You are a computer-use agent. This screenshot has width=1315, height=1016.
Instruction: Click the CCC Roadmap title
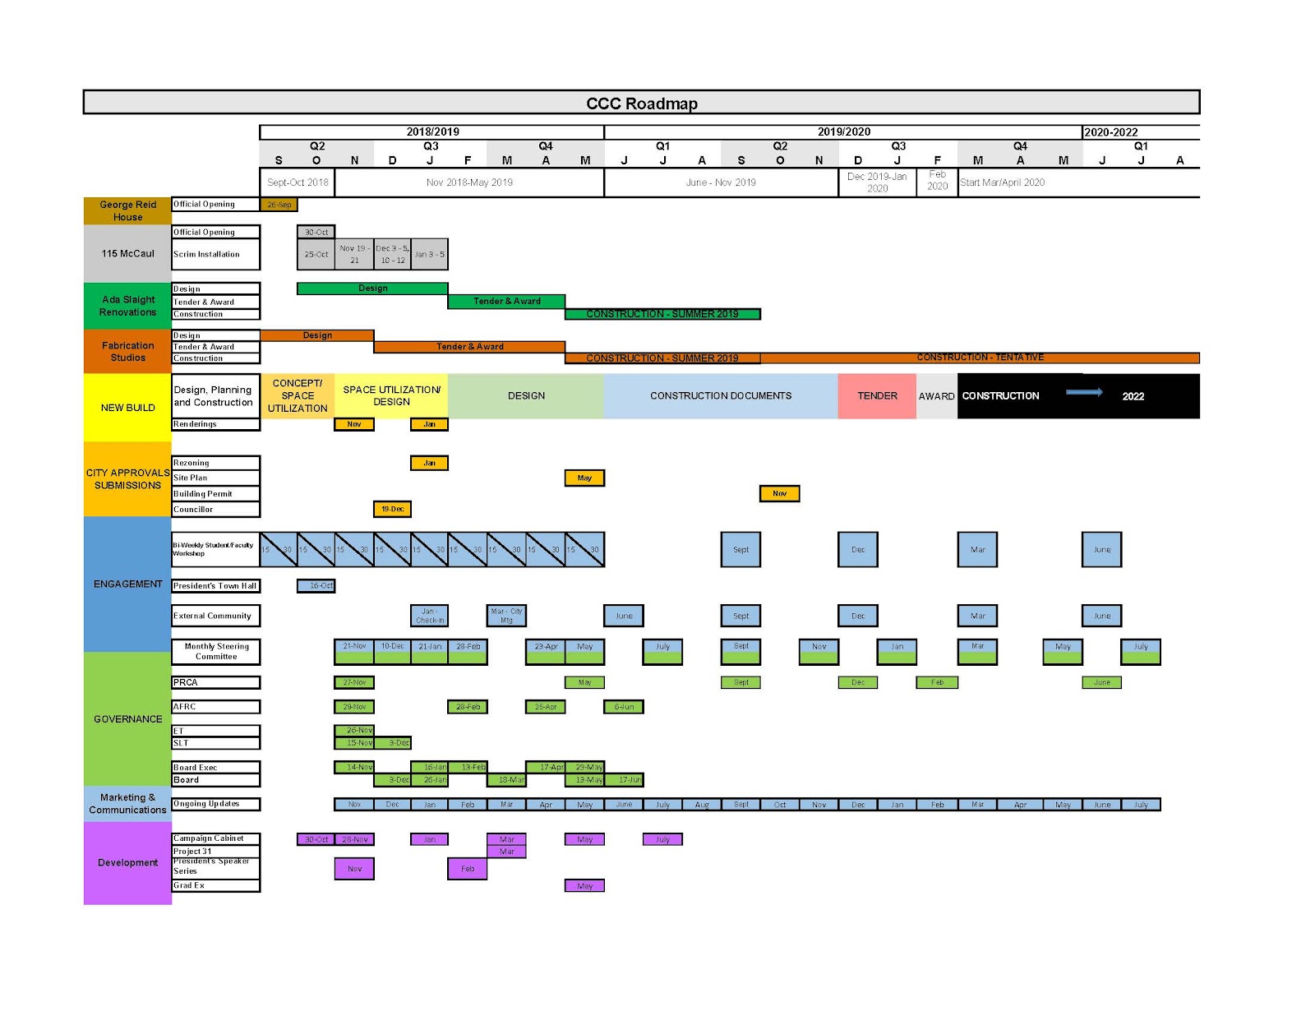click(x=641, y=104)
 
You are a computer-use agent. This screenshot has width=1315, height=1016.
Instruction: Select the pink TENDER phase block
click(x=877, y=396)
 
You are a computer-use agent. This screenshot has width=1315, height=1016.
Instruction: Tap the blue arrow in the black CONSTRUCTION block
click(x=1084, y=392)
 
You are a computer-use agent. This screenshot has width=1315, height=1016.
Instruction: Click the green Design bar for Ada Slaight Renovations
click(x=372, y=289)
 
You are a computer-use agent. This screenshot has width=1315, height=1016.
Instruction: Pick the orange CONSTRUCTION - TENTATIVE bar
click(x=980, y=358)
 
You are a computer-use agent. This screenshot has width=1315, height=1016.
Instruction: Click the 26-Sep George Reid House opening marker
click(x=279, y=205)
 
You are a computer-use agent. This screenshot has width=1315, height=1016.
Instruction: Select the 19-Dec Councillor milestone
click(x=392, y=510)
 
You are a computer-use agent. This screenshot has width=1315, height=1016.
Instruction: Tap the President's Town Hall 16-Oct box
click(x=316, y=586)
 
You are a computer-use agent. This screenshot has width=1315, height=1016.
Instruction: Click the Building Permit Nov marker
click(x=779, y=494)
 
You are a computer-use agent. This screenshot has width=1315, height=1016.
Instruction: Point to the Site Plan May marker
click(x=584, y=478)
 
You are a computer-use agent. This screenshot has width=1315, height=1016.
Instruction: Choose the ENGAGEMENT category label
click(x=127, y=584)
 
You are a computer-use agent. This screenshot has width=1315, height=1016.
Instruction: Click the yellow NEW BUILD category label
click(x=127, y=408)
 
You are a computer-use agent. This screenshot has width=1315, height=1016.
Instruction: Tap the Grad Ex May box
click(x=584, y=886)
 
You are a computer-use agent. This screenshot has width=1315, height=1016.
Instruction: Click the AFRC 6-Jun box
click(x=624, y=707)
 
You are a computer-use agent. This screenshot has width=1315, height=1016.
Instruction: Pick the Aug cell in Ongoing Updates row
click(x=702, y=805)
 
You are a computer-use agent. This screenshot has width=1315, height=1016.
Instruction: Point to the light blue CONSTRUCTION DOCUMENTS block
click(x=721, y=396)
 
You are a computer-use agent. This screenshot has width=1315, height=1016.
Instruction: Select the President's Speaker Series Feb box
click(x=467, y=869)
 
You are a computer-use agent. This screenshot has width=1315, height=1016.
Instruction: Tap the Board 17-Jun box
click(x=630, y=780)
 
